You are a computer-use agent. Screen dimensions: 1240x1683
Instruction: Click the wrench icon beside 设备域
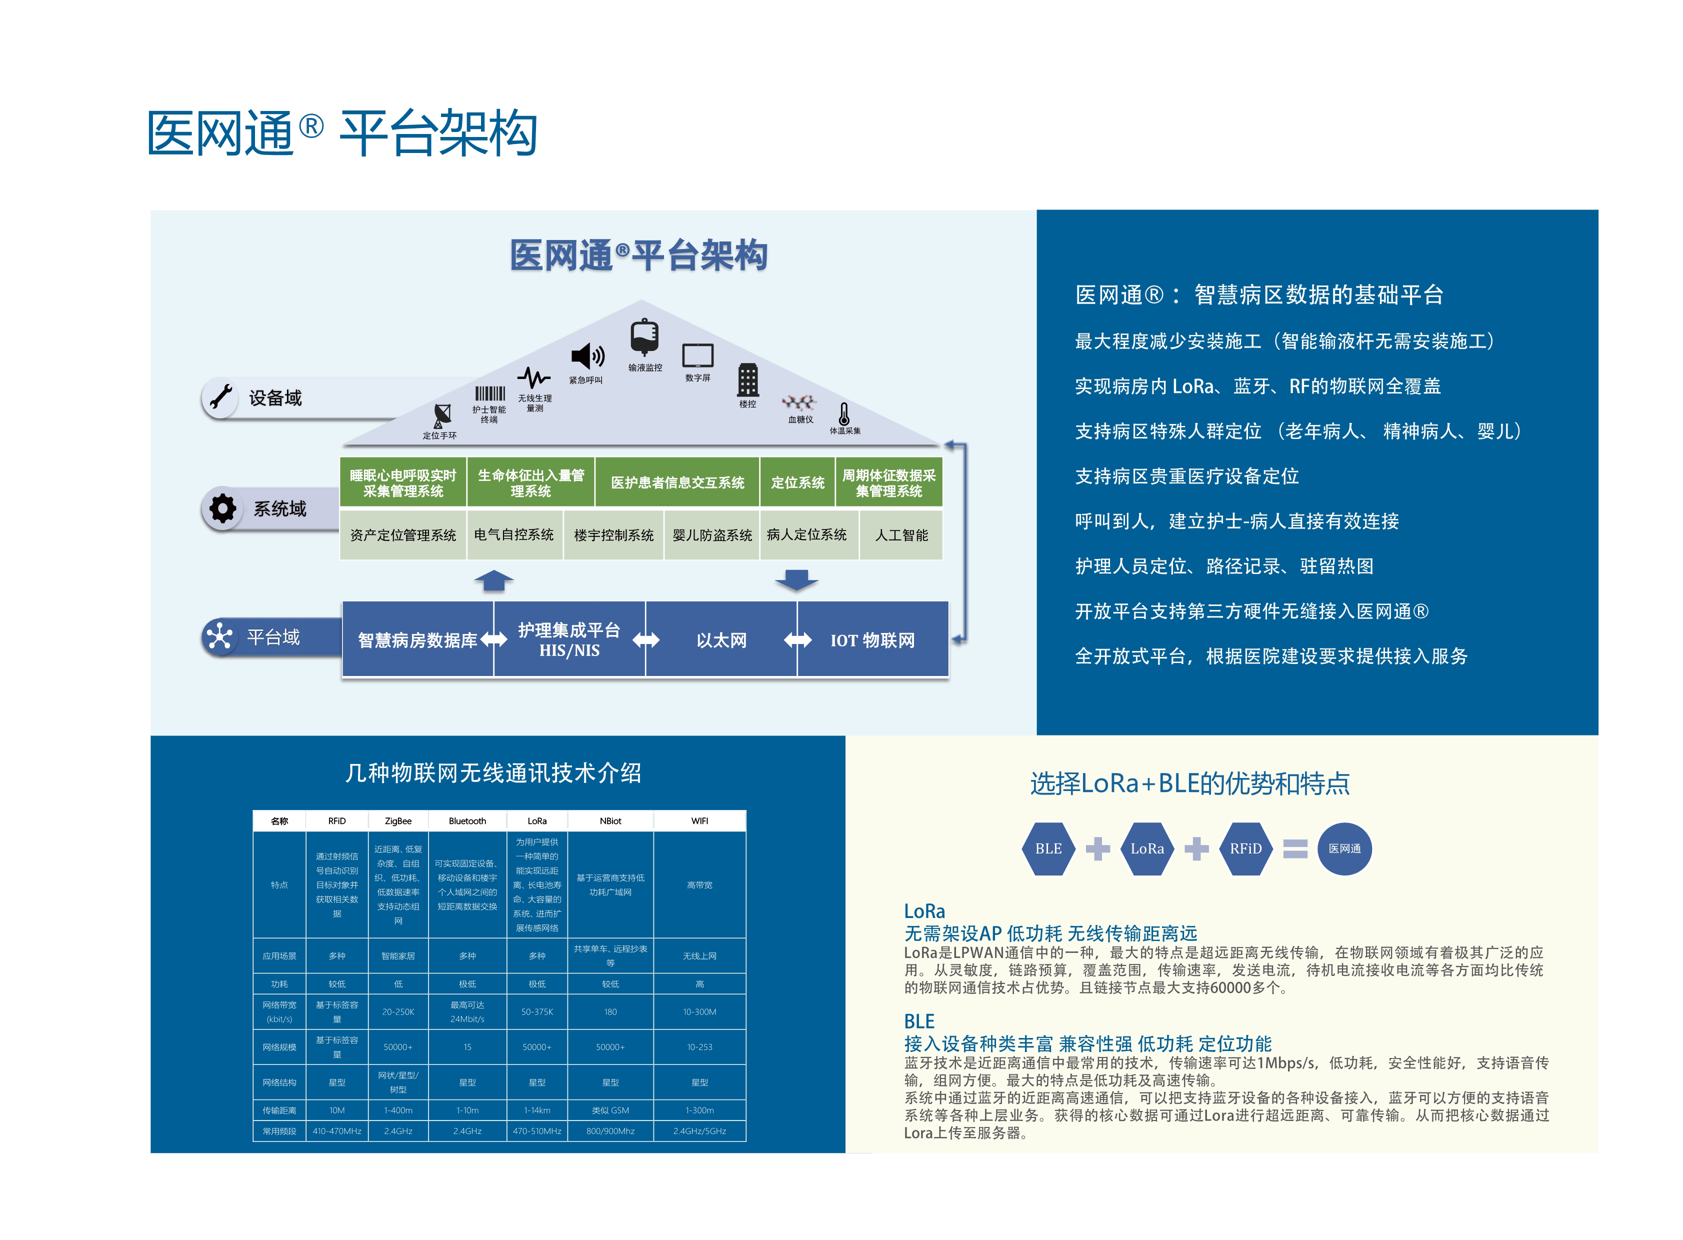220,397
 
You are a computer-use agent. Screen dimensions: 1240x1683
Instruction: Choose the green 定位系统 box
797,482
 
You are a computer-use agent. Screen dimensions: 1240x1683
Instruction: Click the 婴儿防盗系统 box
711,534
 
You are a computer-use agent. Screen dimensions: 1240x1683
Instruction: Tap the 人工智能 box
901,534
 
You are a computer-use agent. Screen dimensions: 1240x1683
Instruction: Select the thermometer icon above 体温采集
844,413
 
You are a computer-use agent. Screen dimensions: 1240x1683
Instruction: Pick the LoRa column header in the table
536,820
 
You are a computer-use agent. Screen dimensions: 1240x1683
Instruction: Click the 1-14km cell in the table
536,1109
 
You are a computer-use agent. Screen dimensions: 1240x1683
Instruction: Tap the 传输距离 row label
279,1109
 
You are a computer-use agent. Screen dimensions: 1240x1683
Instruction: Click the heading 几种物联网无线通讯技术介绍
493,772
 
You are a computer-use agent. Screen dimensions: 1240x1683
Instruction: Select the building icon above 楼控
747,380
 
